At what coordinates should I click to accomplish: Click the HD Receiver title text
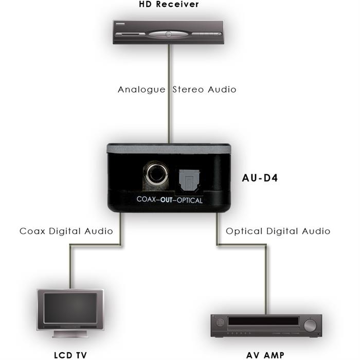(169, 4)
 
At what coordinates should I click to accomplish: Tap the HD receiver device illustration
(168, 32)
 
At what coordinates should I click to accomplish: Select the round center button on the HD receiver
(168, 34)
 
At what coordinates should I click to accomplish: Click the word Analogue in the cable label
(141, 90)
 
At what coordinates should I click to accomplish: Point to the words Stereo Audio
(204, 89)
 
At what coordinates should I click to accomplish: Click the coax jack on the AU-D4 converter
(156, 174)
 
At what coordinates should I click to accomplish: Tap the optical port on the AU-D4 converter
(189, 180)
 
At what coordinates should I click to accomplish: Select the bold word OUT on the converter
(167, 200)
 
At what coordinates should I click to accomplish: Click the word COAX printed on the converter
(146, 199)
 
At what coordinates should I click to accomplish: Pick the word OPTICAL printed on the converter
(190, 201)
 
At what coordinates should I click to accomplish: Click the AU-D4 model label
(260, 178)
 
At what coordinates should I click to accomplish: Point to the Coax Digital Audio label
(66, 231)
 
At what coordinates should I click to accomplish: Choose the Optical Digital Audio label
(278, 231)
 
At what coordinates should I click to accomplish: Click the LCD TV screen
(70, 308)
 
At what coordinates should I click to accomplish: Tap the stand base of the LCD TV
(70, 334)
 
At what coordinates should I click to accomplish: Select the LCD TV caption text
(70, 355)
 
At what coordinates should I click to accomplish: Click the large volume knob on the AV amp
(310, 326)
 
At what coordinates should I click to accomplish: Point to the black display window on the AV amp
(263, 321)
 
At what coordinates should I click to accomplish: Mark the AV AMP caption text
(265, 355)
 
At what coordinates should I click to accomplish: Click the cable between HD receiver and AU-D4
(169, 94)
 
